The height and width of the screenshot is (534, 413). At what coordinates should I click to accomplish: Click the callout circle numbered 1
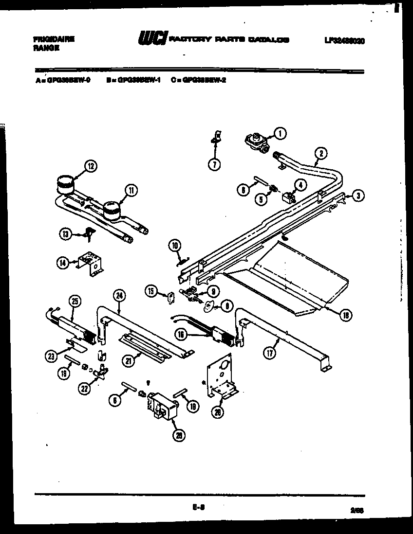click(x=280, y=132)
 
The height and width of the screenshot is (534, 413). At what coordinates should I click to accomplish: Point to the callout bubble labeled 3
click(x=357, y=196)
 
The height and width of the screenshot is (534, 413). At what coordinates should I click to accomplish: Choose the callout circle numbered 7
click(x=214, y=164)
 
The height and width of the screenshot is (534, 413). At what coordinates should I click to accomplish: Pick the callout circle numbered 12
click(x=90, y=166)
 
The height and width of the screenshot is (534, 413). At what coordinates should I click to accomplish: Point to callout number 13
click(x=66, y=234)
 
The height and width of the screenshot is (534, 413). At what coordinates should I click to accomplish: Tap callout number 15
click(x=151, y=291)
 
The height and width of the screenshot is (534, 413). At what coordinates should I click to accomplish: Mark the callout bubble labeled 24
click(x=119, y=294)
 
